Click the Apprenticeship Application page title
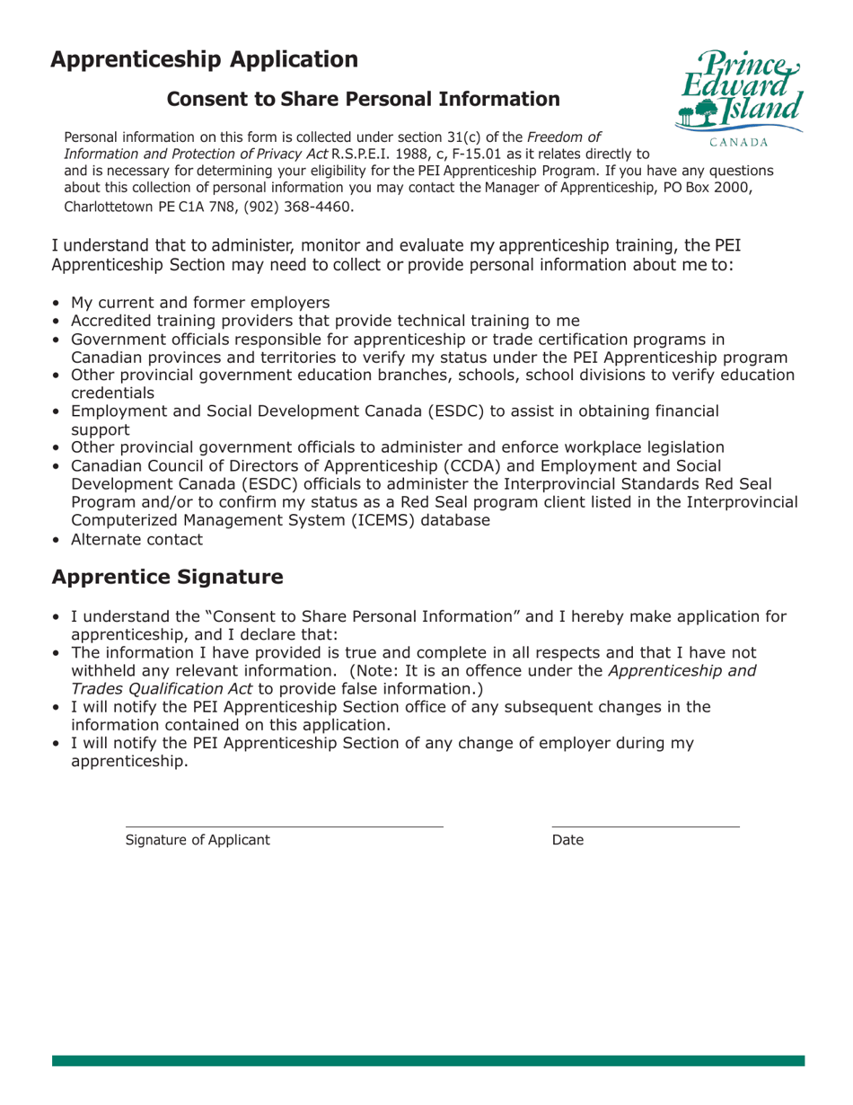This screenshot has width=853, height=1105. tap(205, 60)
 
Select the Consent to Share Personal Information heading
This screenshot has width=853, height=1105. tap(364, 100)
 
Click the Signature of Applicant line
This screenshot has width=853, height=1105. tap(284, 826)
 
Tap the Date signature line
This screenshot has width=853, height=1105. tap(645, 826)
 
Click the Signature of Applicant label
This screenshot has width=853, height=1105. tap(197, 841)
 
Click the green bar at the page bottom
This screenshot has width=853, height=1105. tap(428, 1061)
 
